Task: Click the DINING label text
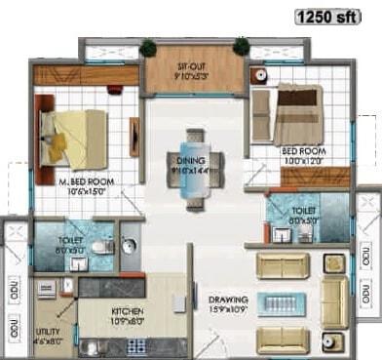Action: click(x=191, y=161)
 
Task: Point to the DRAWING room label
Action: click(x=228, y=300)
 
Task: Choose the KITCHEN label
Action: click(x=127, y=311)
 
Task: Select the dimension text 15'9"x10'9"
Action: click(x=229, y=311)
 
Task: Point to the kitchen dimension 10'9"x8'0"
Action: click(x=127, y=321)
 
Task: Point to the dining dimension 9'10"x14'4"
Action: click(x=191, y=171)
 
